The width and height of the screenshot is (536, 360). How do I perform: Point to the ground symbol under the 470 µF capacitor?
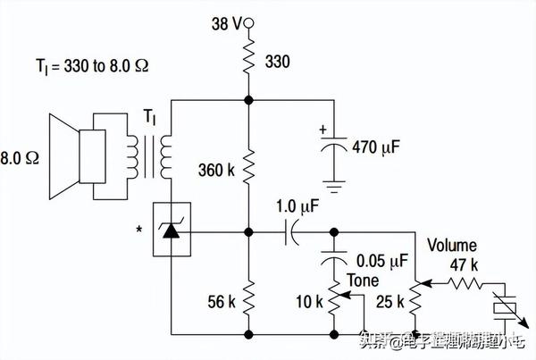[333, 188]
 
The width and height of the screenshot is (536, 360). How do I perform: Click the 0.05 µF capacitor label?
[381, 261]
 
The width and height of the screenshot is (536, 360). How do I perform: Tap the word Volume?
[451, 245]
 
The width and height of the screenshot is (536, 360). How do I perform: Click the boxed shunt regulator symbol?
[171, 230]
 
